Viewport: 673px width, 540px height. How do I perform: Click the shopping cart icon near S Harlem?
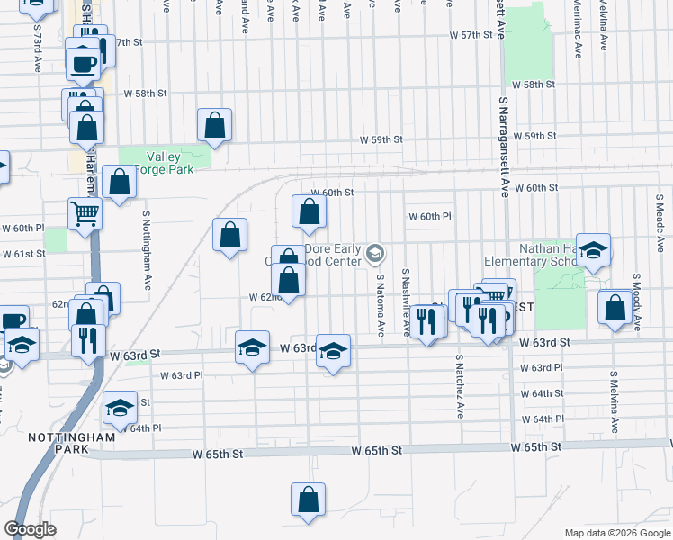pyautogui.click(x=85, y=214)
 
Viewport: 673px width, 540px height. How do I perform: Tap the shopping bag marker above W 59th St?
pyautogui.click(x=214, y=125)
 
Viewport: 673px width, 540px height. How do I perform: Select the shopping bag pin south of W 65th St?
pyautogui.click(x=308, y=499)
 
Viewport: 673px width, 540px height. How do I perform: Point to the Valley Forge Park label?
pyautogui.click(x=158, y=163)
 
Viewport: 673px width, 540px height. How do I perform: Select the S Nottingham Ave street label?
pyautogui.click(x=147, y=250)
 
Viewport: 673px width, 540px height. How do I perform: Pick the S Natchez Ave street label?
pyautogui.click(x=459, y=386)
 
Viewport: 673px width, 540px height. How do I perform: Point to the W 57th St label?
pyautogui.click(x=477, y=35)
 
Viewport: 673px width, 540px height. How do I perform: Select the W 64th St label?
pyautogui.click(x=542, y=394)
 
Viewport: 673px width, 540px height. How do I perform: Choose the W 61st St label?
pyautogui.click(x=23, y=254)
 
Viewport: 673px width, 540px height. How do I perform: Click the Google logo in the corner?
pyautogui.click(x=31, y=529)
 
